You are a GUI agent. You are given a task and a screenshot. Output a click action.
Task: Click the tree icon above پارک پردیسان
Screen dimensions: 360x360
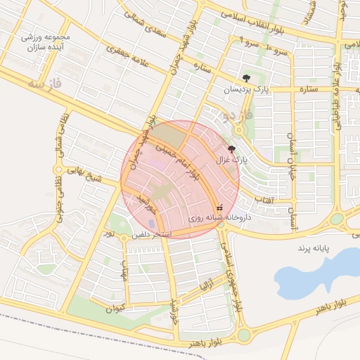[x=245, y=78]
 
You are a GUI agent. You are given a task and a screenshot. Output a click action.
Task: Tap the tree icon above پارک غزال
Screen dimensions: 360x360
[x=232, y=148]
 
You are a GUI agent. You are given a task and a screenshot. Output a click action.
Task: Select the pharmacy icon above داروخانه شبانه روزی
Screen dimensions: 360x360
[x=219, y=207]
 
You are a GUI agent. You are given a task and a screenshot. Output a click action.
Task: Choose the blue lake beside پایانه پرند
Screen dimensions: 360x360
[x=316, y=271]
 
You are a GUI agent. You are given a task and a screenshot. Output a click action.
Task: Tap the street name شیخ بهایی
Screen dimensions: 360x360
[x=82, y=174]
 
